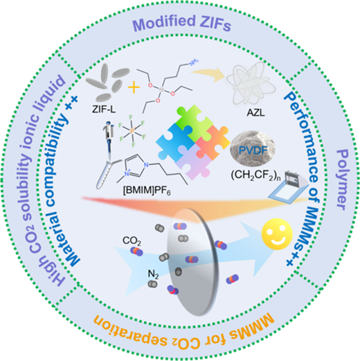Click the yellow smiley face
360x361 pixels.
pos(277,234)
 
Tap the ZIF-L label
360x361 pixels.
pos(104,109)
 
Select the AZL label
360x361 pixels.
pos(255,113)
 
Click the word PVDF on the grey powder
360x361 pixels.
pos(253,150)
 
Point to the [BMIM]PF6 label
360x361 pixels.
pos(147,191)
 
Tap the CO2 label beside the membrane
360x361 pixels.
pos(132,241)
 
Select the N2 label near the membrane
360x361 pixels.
pos(153,274)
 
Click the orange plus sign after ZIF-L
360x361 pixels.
pos(134,88)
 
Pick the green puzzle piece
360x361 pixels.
pos(193,121)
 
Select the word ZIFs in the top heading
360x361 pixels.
pos(215,24)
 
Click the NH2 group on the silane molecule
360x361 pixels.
pos(194,62)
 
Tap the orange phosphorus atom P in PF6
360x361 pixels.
pos(132,132)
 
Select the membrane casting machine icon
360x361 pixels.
pos(289,186)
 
